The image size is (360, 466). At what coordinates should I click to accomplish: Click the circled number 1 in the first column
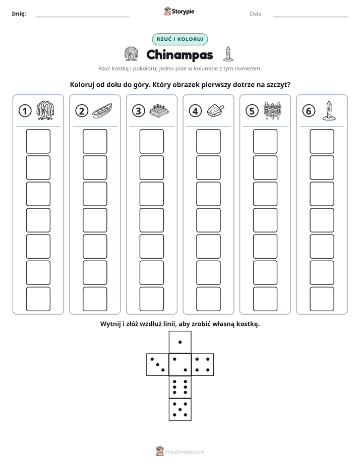(25, 111)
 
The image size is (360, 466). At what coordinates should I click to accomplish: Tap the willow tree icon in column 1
(45, 110)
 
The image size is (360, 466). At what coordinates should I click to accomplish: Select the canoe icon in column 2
(102, 111)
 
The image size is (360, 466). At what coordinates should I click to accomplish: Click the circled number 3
(139, 111)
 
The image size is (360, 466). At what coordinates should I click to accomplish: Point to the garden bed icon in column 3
(159, 111)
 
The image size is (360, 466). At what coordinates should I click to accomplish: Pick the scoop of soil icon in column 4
(215, 110)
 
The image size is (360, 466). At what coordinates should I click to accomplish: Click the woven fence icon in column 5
(272, 110)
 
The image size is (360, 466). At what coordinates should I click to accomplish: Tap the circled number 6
(309, 111)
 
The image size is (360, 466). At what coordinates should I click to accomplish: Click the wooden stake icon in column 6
(329, 110)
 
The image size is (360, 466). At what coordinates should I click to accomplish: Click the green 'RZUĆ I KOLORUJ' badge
(179, 39)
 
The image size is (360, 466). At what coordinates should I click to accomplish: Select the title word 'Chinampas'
(179, 55)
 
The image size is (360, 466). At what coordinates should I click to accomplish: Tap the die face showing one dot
(180, 342)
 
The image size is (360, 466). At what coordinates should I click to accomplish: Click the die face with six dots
(180, 387)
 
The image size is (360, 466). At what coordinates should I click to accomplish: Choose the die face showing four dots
(203, 365)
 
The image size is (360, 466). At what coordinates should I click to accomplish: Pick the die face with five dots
(180, 410)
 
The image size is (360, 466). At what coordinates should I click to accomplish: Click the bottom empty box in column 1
(38, 299)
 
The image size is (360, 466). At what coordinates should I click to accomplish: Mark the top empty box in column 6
(322, 141)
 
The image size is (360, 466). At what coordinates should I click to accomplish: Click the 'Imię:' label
(19, 14)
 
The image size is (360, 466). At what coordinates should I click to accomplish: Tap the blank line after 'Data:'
(311, 17)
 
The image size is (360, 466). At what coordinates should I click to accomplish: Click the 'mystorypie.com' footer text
(185, 452)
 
